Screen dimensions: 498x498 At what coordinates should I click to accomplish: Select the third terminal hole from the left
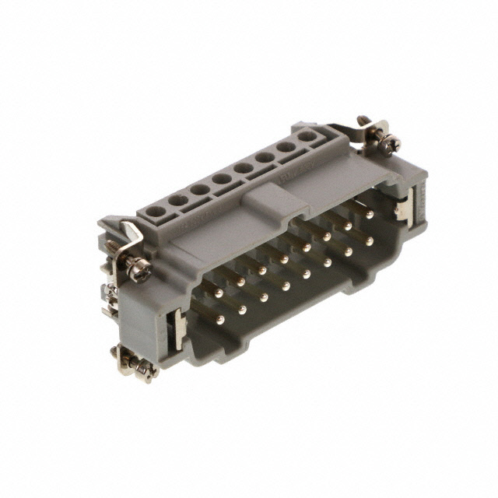[201, 189]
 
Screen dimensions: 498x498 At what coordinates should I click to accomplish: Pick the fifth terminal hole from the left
[244, 168]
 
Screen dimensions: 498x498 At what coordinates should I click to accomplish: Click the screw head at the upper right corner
[389, 142]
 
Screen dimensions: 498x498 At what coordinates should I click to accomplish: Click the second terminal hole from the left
[178, 200]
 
